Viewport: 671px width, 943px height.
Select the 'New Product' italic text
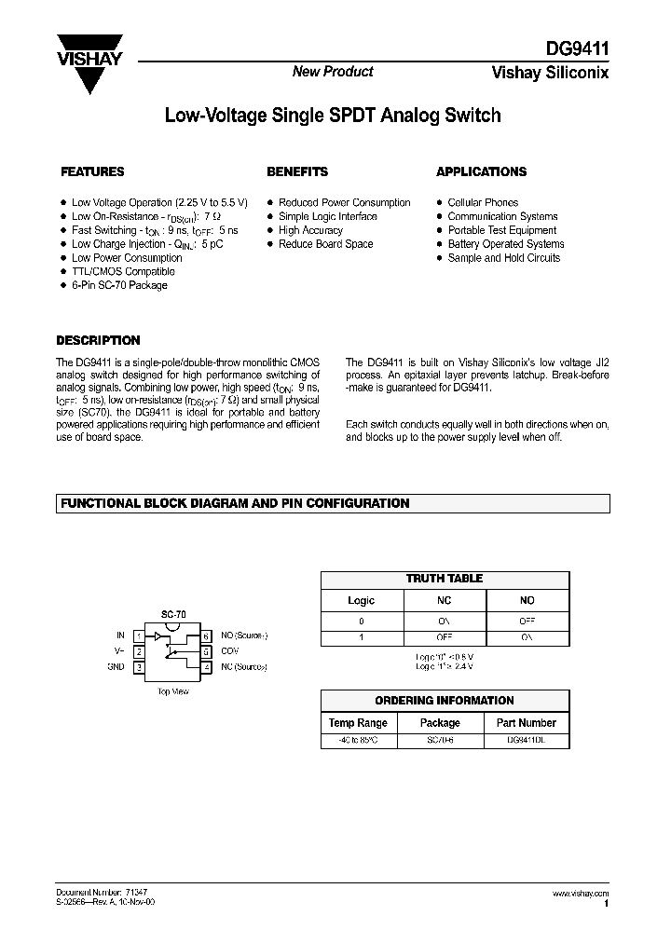(x=333, y=72)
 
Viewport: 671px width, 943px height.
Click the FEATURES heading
(x=92, y=172)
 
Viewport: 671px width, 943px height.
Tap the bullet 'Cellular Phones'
(x=483, y=202)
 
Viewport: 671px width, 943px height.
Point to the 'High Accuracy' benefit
(x=310, y=230)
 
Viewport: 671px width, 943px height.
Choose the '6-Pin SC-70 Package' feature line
(x=119, y=286)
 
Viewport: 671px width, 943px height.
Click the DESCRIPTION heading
(x=99, y=341)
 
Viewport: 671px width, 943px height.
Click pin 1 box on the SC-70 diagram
(x=140, y=635)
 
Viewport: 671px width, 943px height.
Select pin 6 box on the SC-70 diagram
(x=205, y=635)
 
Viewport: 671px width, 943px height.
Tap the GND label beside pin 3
(x=116, y=667)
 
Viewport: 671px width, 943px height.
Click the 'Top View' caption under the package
(x=172, y=692)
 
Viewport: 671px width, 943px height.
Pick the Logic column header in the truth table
(x=361, y=601)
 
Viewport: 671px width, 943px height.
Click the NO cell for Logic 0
(x=527, y=621)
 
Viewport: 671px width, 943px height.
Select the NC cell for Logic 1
(x=444, y=638)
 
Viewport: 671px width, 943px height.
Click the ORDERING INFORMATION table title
(x=445, y=701)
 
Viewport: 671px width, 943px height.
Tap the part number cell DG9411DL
(x=526, y=739)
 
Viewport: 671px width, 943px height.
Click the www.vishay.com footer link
(x=581, y=893)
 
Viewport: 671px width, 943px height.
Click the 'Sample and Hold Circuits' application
(x=504, y=258)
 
